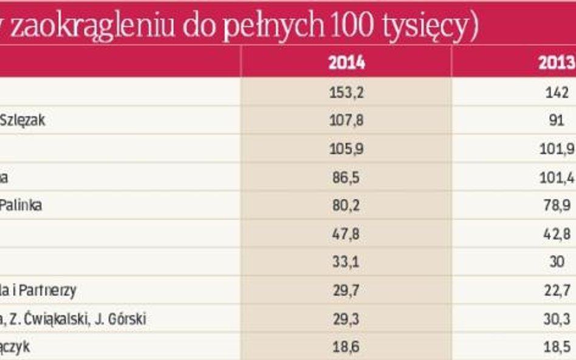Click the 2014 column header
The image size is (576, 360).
pos(346,63)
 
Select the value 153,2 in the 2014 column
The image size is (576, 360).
pos(346,92)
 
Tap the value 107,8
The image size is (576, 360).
pos(346,120)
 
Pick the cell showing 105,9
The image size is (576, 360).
pos(346,149)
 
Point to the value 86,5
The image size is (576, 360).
pos(346,177)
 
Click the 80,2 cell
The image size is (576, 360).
pos(346,205)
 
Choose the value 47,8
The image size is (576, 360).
pos(346,234)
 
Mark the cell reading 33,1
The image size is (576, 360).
pos(346,262)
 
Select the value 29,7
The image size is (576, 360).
pos(346,291)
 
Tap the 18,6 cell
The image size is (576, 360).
pos(346,348)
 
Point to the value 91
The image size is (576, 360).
pos(557,120)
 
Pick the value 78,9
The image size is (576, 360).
pos(558,205)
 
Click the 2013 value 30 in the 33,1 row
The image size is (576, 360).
pos(557,262)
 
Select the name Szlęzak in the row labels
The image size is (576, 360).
pos(23,121)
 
